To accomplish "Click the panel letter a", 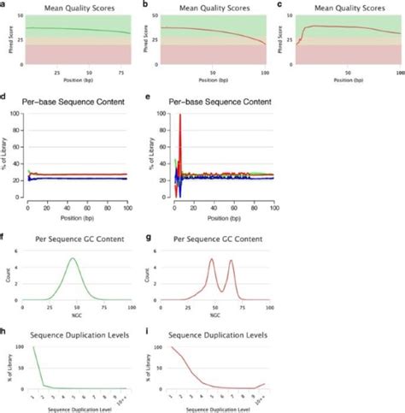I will [3, 4].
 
